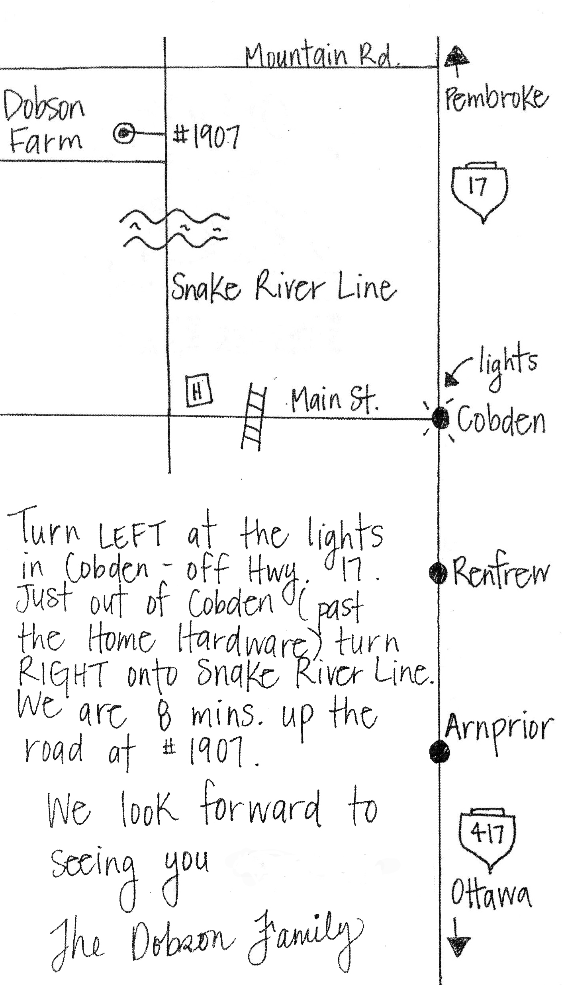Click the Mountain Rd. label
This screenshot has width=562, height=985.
pyautogui.click(x=322, y=57)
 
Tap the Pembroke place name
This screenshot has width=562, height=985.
pyautogui.click(x=495, y=99)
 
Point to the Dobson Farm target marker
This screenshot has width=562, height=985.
pyautogui.click(x=125, y=134)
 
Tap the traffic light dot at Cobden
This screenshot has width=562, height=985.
pyautogui.click(x=440, y=419)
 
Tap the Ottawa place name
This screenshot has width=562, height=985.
pyautogui.click(x=491, y=894)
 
